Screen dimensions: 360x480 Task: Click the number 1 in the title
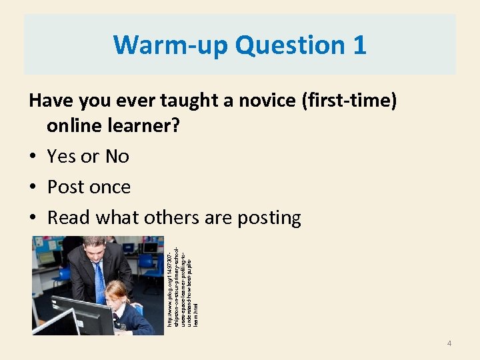point(359,45)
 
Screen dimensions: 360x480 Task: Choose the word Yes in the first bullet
point(61,157)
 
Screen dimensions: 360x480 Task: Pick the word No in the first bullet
point(117,157)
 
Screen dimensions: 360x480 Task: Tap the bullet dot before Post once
point(33,187)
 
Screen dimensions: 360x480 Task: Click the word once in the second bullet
point(109,187)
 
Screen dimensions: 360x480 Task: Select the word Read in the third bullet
point(69,218)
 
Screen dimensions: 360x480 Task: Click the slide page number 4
point(449,343)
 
